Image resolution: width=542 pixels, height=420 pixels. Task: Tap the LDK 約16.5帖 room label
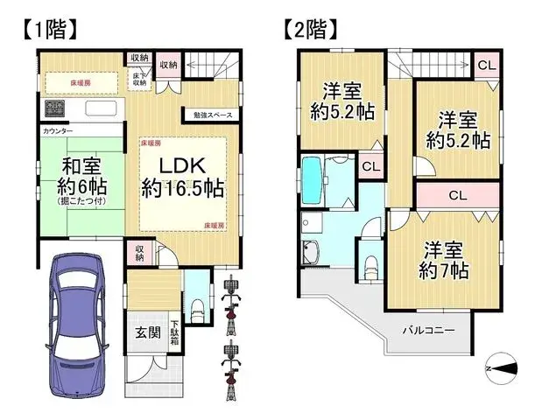tap(182, 176)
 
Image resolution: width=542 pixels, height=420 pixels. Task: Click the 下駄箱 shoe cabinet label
tap(173, 331)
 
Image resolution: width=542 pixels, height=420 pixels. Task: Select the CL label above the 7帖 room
tap(456, 194)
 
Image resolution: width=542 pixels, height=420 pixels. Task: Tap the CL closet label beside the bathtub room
tap(370, 166)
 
